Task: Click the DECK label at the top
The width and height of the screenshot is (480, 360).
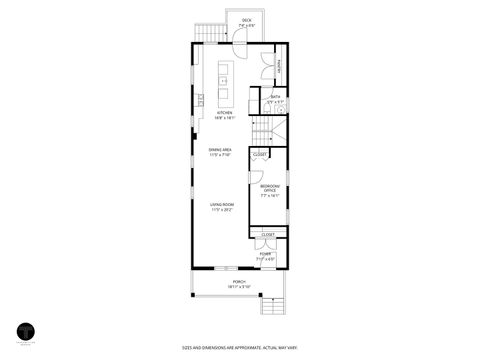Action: point(247,20)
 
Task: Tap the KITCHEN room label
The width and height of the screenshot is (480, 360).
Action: point(224,113)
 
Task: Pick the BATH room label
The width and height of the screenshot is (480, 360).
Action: point(276,97)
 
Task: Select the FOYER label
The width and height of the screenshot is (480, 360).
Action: point(266,254)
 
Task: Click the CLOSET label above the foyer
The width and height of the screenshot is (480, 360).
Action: point(268,234)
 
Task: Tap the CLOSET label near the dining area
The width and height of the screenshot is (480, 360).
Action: point(259,155)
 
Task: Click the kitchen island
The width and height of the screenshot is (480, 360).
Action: point(224,81)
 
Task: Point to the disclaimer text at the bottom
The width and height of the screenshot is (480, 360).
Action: point(239,347)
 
